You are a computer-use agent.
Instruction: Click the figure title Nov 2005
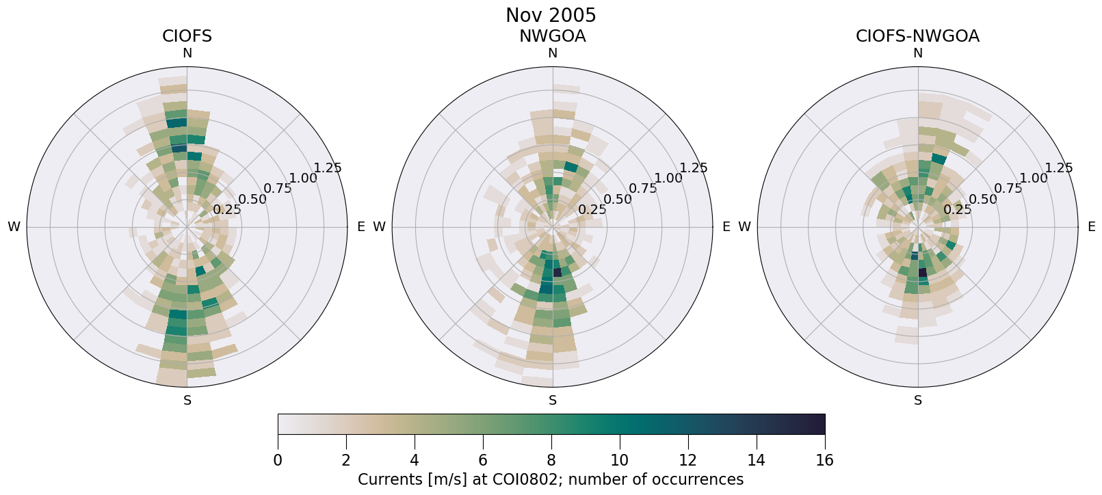click(551, 15)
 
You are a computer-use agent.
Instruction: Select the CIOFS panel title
click(187, 36)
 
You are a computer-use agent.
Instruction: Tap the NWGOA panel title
click(552, 36)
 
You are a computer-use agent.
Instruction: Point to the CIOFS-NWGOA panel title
click(917, 36)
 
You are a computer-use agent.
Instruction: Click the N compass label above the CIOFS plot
click(187, 53)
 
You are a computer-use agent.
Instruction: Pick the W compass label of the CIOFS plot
click(14, 227)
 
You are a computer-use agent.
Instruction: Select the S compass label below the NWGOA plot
click(552, 401)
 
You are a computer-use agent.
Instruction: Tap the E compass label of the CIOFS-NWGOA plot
click(1091, 226)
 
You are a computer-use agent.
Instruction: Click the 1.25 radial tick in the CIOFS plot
click(327, 168)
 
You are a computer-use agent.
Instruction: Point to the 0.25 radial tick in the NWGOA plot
click(592, 210)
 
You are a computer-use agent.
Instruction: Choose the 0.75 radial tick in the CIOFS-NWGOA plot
click(1008, 189)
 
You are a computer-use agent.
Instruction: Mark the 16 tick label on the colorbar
click(824, 460)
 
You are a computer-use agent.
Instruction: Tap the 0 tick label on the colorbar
click(278, 460)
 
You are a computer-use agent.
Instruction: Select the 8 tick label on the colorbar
click(551, 460)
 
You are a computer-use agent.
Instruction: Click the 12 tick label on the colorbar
click(687, 460)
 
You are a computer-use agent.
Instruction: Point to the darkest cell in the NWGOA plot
click(557, 272)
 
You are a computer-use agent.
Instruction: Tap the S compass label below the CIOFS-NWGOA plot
click(917, 401)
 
